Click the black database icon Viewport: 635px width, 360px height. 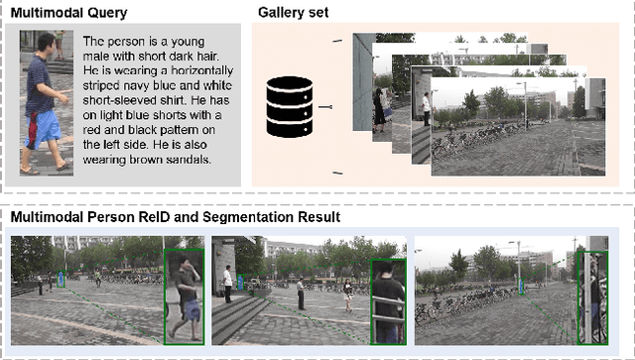pyautogui.click(x=290, y=107)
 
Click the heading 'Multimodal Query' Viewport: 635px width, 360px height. pyautogui.click(x=68, y=13)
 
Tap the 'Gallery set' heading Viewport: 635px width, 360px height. pyautogui.click(x=294, y=12)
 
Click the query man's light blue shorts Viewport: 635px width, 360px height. pyautogui.click(x=46, y=129)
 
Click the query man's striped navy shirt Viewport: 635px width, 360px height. pyautogui.click(x=39, y=86)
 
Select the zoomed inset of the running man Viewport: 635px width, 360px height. pyautogui.click(x=185, y=297)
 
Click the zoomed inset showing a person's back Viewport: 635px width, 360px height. pyautogui.click(x=389, y=301)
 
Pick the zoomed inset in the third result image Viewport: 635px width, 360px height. pyautogui.click(x=592, y=298)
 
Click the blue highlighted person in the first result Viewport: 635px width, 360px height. pyautogui.click(x=61, y=279)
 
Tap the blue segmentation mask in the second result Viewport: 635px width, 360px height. pyautogui.click(x=240, y=283)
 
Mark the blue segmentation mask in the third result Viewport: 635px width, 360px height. pyautogui.click(x=521, y=286)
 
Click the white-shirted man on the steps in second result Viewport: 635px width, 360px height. pyautogui.click(x=228, y=284)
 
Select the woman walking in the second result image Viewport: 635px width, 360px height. pyautogui.click(x=348, y=296)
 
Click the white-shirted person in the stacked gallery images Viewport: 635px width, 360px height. pyautogui.click(x=426, y=108)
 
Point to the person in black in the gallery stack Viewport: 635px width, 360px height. pyautogui.click(x=379, y=110)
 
